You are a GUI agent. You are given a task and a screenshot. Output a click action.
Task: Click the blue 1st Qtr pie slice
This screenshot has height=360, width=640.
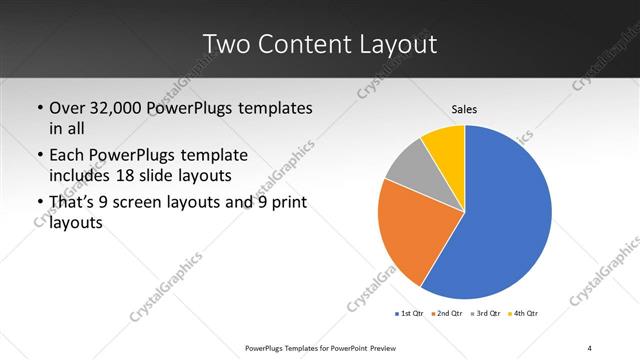point(505,215)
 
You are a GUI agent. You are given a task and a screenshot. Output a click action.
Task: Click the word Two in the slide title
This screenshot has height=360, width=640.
point(226,44)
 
